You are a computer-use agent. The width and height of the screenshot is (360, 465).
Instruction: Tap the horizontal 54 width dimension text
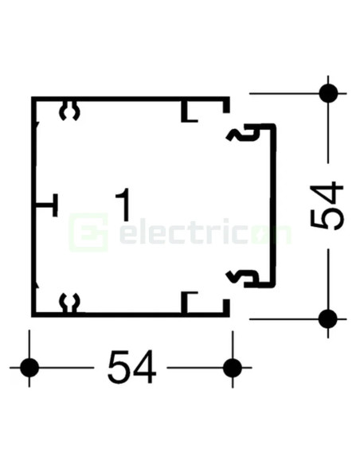pyautogui.click(x=131, y=367)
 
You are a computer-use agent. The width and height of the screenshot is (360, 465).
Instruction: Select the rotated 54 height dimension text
pyautogui.click(x=327, y=205)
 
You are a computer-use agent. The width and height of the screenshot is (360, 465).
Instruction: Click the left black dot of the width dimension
pyautogui.click(x=29, y=367)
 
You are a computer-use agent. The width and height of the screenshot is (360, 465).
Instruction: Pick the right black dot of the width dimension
pyautogui.click(x=233, y=367)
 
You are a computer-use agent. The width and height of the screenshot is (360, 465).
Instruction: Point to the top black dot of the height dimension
pyautogui.click(x=328, y=93)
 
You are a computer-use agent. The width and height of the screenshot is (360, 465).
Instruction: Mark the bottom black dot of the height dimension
pyautogui.click(x=328, y=318)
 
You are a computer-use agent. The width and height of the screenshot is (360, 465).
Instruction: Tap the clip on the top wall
pyautogui.click(x=70, y=111)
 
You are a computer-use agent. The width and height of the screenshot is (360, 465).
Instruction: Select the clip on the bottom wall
pyautogui.click(x=70, y=303)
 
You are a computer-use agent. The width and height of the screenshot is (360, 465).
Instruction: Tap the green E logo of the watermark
pyautogui.click(x=88, y=232)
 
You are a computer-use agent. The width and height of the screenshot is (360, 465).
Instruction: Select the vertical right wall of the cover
pyautogui.click(x=273, y=205)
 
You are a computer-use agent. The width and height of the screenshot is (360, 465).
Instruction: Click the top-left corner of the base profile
pyautogui.click(x=32, y=97)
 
